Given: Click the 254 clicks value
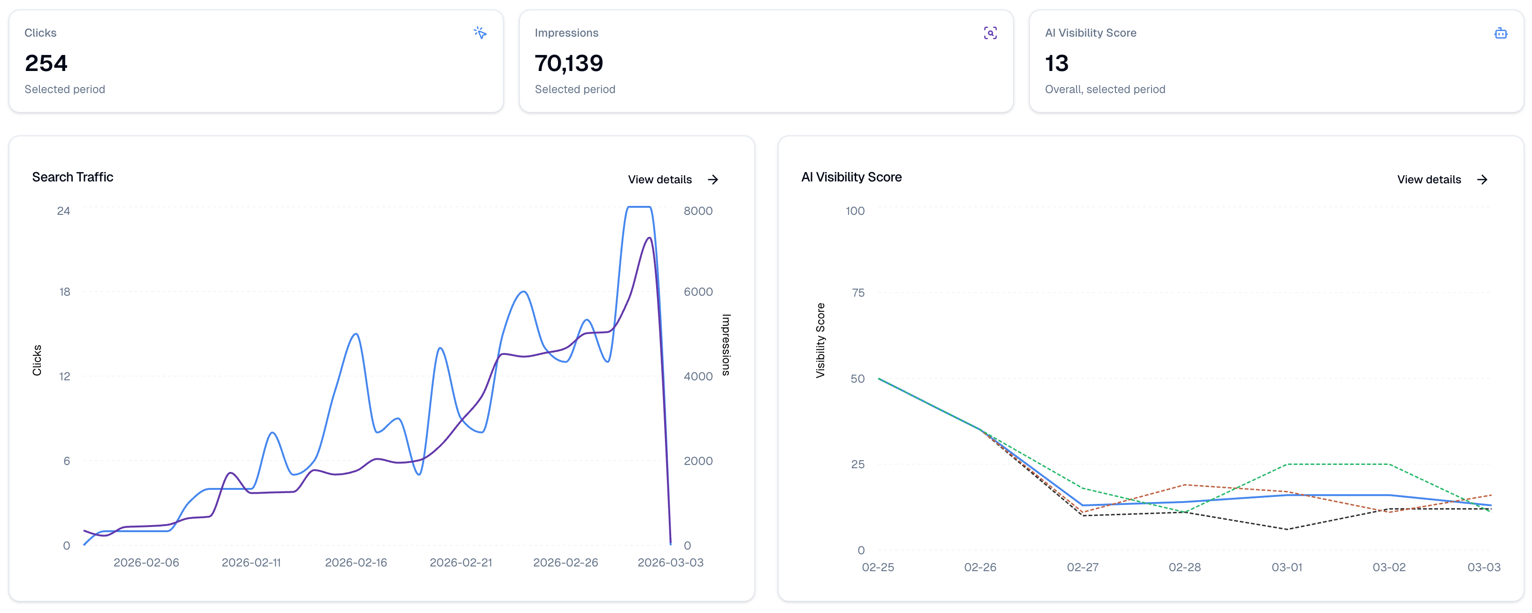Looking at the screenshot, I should tap(46, 63).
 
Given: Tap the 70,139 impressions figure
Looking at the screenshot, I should tap(569, 63).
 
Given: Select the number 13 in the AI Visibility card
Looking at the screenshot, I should tap(1056, 63).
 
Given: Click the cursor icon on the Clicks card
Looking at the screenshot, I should tap(480, 33).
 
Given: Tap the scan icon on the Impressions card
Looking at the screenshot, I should tap(990, 33).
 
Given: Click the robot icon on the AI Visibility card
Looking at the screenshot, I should tap(1501, 33).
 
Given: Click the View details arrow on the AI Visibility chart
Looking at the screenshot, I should tap(1482, 180).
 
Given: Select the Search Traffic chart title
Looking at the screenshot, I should tap(72, 177).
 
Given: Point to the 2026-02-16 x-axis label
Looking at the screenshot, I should tap(356, 562).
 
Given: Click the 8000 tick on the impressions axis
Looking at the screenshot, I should tap(697, 211).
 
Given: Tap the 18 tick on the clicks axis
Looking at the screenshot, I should tap(64, 291).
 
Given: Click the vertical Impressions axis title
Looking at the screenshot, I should tap(726, 345).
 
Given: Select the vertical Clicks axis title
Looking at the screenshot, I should tap(37, 360).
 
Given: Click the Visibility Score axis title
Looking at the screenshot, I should tap(820, 340).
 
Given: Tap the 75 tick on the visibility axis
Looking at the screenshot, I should tap(858, 293).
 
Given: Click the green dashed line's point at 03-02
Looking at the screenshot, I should tap(1389, 464).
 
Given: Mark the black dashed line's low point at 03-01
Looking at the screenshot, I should tap(1287, 529).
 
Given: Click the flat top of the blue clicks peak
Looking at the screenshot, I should tap(639, 207).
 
